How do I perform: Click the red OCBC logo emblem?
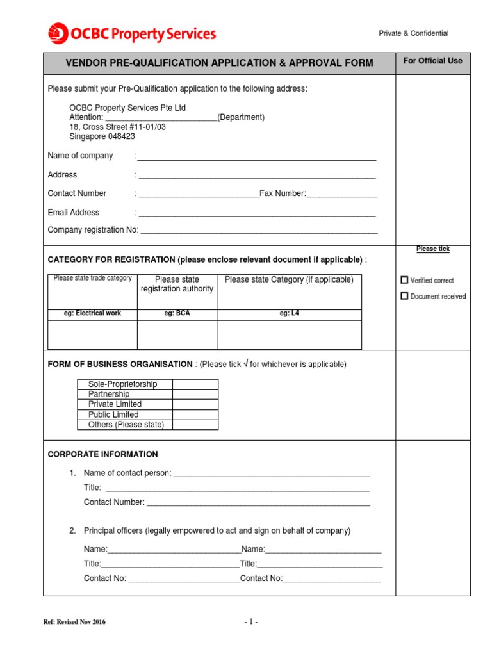click(x=58, y=33)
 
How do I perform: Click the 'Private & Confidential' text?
click(x=413, y=33)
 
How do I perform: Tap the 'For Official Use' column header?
click(x=432, y=61)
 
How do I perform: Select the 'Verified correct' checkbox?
click(x=404, y=280)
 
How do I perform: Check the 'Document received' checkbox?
click(x=404, y=296)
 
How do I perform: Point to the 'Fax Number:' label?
click(x=283, y=193)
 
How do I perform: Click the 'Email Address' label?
click(x=74, y=213)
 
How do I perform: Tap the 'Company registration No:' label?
click(x=93, y=230)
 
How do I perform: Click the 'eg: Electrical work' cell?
click(x=93, y=313)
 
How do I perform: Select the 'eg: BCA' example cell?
click(x=177, y=313)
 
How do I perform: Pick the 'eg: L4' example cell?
click(x=289, y=313)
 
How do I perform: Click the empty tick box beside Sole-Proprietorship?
click(x=195, y=384)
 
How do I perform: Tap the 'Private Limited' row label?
click(x=115, y=404)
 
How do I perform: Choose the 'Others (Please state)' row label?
click(x=126, y=425)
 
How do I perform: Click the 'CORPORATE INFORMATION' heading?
click(x=102, y=454)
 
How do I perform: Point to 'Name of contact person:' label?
click(x=127, y=473)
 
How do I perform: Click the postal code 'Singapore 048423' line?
click(x=102, y=136)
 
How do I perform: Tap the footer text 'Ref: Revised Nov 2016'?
click(x=74, y=622)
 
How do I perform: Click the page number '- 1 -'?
click(x=250, y=622)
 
